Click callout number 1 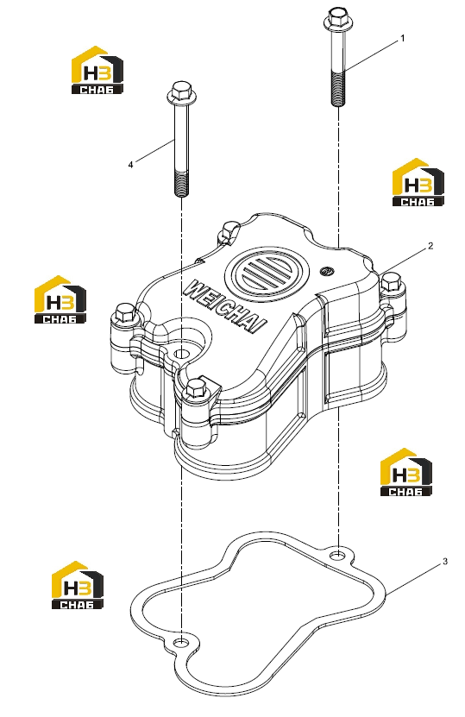coord(402,39)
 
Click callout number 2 coord(430,246)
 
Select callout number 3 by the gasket coord(445,562)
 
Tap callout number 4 coord(130,165)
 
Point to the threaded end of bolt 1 coord(337,88)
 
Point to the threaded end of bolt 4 coord(181,183)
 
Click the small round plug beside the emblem coord(326,270)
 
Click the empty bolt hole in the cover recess coord(181,354)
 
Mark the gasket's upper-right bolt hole coord(337,555)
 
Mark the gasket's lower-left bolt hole coord(181,643)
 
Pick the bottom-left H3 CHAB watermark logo coord(78,585)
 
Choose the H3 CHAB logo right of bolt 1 coord(418,182)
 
